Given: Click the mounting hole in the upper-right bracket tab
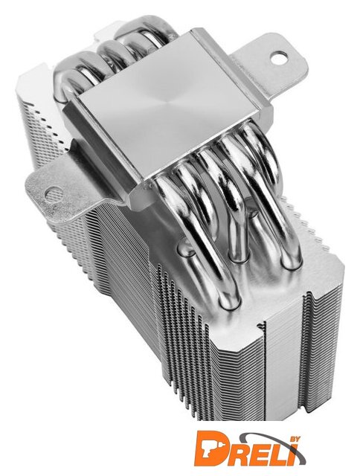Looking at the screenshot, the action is coord(279,58).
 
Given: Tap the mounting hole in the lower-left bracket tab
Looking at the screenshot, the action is coord(54,193).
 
